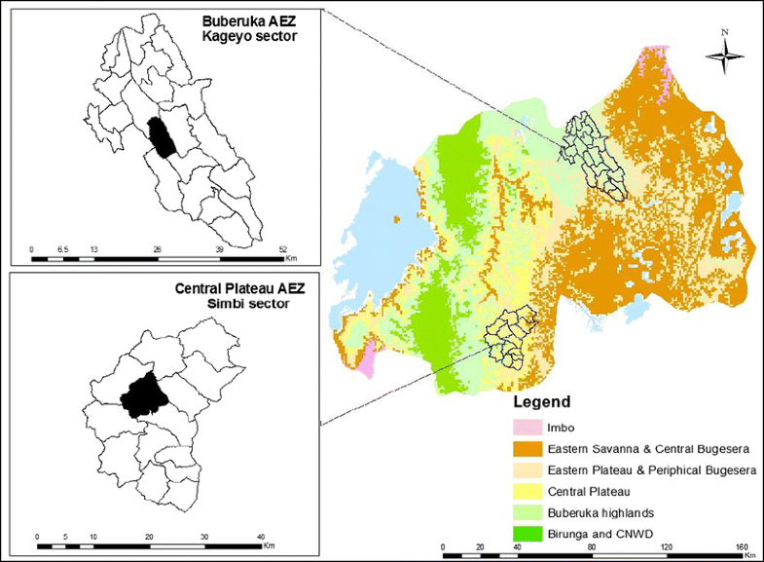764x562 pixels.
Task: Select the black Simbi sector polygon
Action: (x=142, y=393)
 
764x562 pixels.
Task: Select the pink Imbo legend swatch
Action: (x=530, y=428)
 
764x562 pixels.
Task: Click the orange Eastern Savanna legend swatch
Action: (x=530, y=449)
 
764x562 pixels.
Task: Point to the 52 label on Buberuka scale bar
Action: (x=282, y=248)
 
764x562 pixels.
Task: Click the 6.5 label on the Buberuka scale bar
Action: (x=62, y=248)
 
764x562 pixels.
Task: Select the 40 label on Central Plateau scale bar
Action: (x=261, y=537)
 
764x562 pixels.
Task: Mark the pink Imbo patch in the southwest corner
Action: (x=366, y=360)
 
